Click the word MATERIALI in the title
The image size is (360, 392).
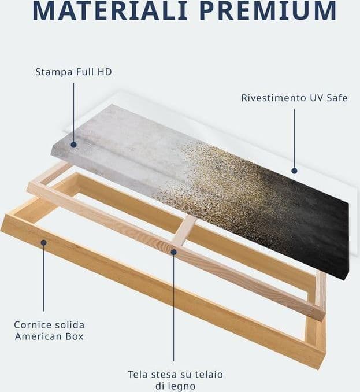[110, 10]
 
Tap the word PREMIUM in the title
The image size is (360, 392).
[268, 10]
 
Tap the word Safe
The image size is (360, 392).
[337, 98]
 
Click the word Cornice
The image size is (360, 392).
[32, 325]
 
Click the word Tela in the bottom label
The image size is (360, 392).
[137, 375]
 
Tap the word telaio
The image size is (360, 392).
[209, 375]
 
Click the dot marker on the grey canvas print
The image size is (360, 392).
[73, 145]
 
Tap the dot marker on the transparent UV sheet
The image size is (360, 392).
[294, 171]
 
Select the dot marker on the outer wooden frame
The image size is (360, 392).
[44, 242]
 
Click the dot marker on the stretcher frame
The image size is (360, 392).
[174, 252]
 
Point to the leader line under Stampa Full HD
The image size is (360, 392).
[74, 113]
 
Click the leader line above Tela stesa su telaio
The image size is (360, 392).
[174, 308]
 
